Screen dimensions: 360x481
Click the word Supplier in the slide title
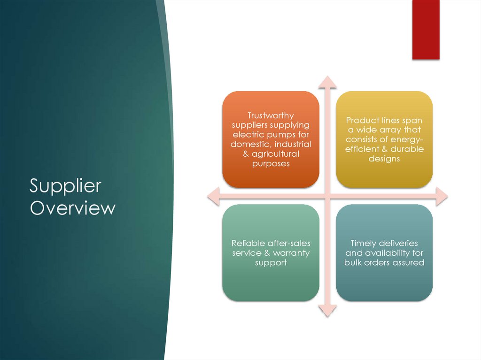(65, 187)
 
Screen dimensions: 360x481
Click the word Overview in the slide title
(72, 208)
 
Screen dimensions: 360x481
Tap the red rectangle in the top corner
(426, 29)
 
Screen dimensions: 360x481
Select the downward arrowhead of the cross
(327, 310)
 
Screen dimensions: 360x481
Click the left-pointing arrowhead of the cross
(214, 196)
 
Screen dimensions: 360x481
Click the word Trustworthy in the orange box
(271, 115)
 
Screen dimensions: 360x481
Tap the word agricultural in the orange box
(275, 154)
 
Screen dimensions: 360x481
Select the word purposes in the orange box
(271, 164)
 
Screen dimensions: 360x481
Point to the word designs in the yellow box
(384, 159)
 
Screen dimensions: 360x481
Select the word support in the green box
(271, 263)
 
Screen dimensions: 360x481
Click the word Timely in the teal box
(364, 243)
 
